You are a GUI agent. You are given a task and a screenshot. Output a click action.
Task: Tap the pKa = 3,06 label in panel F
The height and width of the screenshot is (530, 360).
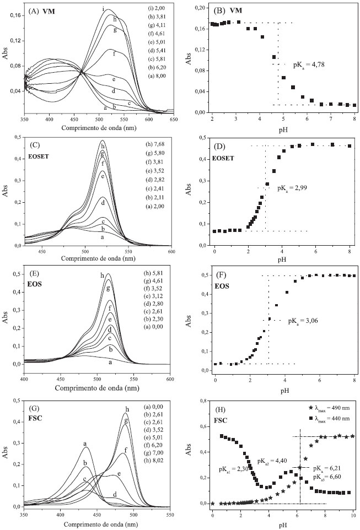click(304, 320)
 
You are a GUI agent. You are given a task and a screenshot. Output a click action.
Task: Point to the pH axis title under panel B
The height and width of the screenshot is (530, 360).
click(284, 127)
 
